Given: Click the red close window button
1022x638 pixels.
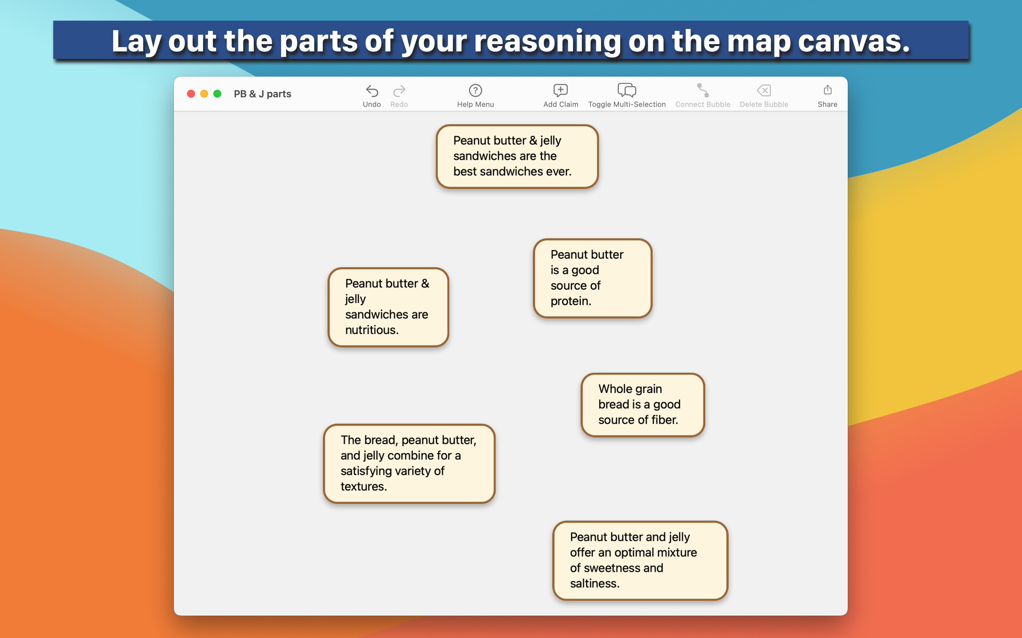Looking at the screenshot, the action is [x=191, y=94].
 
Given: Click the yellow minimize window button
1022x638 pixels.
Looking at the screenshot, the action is [x=204, y=94].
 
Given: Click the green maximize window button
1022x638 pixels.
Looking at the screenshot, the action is [x=218, y=94].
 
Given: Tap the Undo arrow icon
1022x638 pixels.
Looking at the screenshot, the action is [x=372, y=91].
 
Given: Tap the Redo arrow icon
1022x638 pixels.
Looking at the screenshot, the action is [x=399, y=91].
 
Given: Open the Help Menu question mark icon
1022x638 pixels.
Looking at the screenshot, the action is [x=476, y=90].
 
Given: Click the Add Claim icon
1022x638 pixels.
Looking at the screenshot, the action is [x=560, y=90].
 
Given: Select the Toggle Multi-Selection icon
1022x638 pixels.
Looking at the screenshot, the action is [x=627, y=90].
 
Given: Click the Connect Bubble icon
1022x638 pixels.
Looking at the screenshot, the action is [x=703, y=90].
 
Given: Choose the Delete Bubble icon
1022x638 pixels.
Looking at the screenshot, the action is [x=764, y=90].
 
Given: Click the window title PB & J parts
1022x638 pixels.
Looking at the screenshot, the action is [x=263, y=94].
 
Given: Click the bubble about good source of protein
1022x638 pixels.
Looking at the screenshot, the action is [x=593, y=278].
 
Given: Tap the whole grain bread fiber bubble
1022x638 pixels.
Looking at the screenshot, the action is [x=643, y=405].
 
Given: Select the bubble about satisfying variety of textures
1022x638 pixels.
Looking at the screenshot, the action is [x=409, y=464].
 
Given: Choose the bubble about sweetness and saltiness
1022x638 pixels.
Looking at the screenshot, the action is [x=640, y=560].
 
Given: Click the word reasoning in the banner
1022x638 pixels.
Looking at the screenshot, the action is [x=547, y=41].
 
